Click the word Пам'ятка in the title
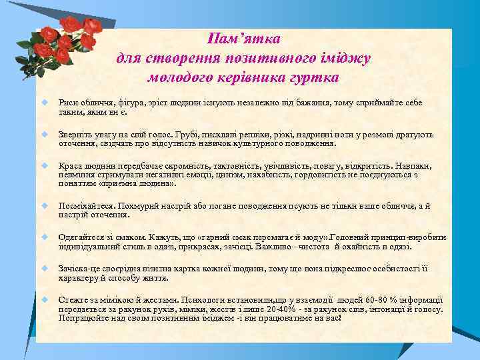[243, 37]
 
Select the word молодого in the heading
[180, 77]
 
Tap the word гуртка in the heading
[313, 77]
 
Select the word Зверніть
[76, 134]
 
